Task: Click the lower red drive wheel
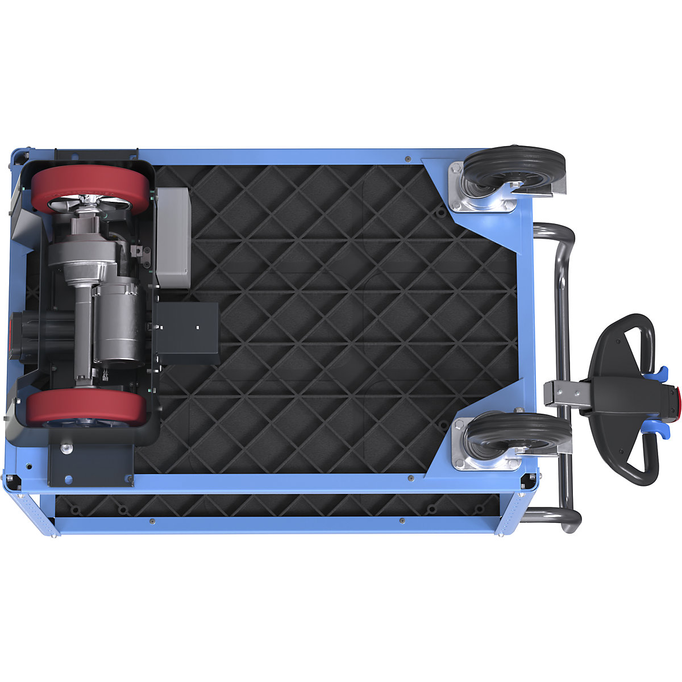[85, 406]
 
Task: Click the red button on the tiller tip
[677, 401]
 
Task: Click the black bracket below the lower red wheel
[91, 463]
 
